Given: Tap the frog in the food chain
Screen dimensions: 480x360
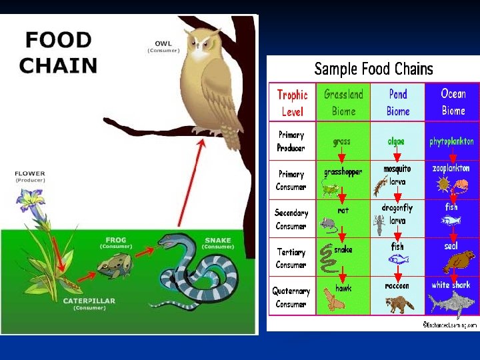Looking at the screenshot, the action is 115,265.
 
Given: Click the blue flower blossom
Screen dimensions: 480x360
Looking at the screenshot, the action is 32,199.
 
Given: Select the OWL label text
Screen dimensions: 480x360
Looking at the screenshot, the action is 163,44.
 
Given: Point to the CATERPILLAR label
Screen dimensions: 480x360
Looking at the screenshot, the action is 89,301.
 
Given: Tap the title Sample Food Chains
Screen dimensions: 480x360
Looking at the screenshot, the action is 373,69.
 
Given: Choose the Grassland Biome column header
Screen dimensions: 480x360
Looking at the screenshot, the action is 343,103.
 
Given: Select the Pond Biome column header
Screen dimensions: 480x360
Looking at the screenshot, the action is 398,103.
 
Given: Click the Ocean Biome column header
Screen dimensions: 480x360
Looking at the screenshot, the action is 453,103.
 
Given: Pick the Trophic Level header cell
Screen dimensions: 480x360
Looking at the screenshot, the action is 292,103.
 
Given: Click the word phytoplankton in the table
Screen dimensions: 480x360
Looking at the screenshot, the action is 451,141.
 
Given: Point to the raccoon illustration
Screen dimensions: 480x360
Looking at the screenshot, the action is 398,303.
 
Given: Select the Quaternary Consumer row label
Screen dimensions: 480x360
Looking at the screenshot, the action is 291,297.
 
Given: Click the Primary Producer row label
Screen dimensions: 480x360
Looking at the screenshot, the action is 291,141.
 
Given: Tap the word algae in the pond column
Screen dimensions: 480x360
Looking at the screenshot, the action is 396,141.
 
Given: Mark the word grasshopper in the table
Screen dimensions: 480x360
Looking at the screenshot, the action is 343,172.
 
